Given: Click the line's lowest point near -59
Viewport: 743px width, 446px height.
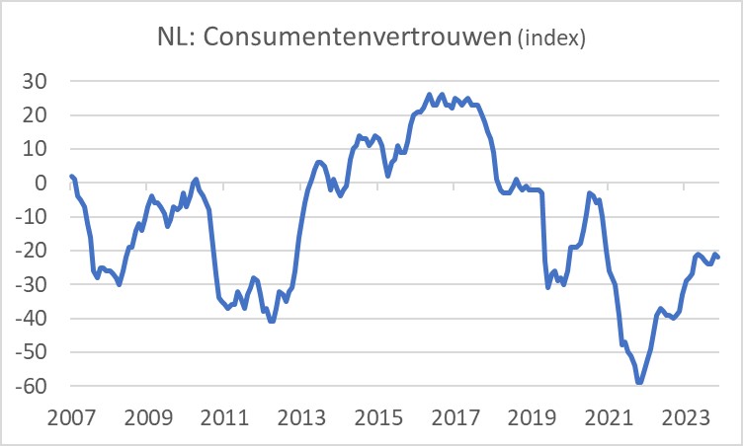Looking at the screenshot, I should pos(639,382).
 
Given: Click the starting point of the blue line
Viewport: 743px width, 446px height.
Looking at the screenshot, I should pos(71,176).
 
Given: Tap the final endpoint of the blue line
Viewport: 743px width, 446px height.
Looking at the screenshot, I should pos(718,258).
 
